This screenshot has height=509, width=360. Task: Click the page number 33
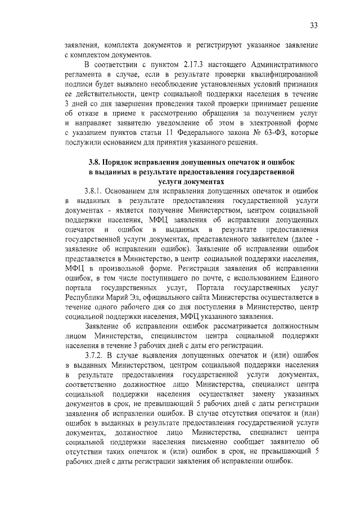pos(314,25)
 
